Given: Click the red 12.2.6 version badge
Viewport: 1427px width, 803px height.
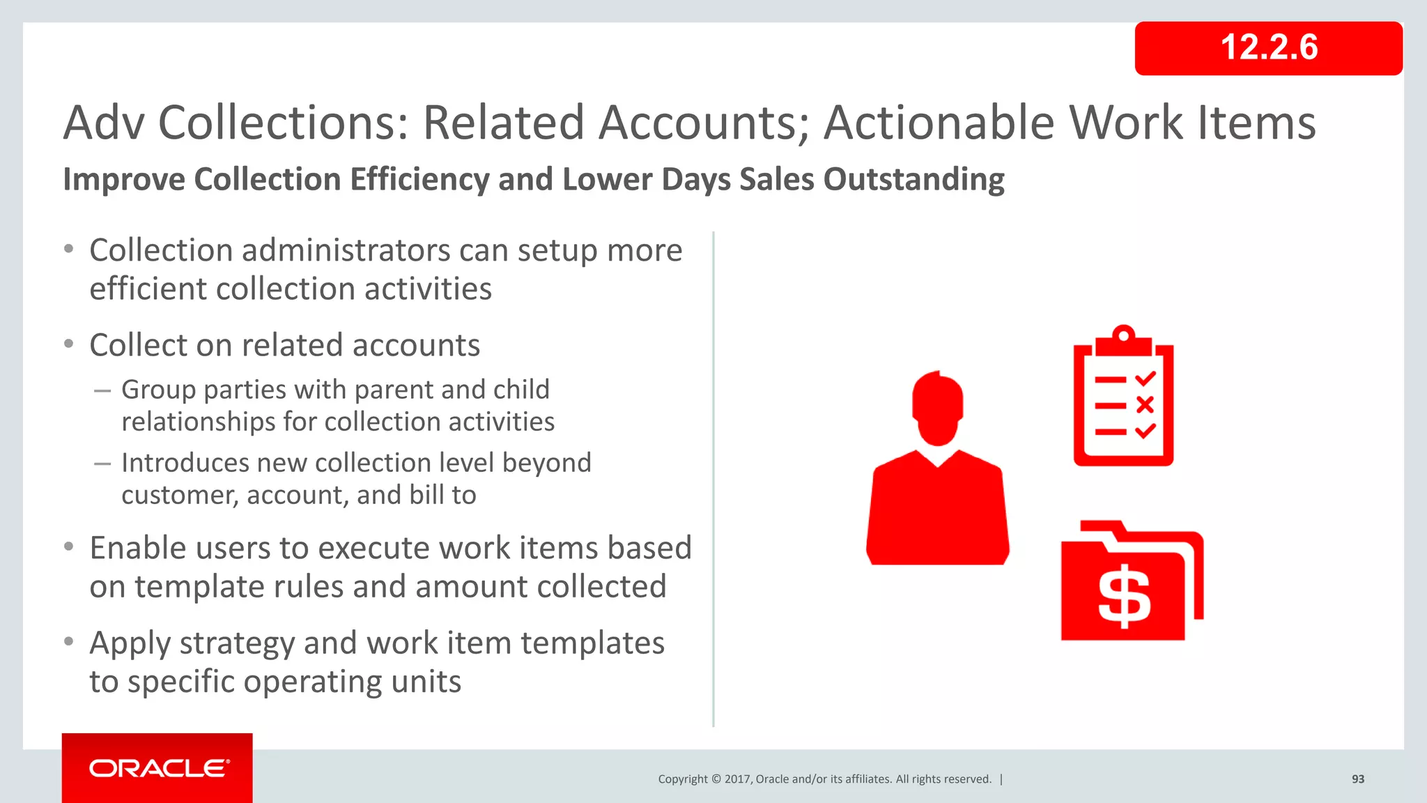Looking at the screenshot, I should [x=1268, y=48].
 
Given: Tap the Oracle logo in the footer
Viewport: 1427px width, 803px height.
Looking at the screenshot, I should [x=158, y=768].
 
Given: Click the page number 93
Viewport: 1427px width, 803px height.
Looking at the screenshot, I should [x=1357, y=779].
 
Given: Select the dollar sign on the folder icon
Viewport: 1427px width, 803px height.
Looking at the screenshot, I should [x=1123, y=598].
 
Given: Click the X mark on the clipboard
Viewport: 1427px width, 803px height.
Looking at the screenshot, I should [x=1145, y=405].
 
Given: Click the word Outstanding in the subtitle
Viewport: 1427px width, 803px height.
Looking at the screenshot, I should [x=913, y=180].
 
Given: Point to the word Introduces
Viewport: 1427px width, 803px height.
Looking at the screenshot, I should [x=185, y=463].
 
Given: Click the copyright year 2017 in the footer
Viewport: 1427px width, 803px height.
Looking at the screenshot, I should [x=736, y=779].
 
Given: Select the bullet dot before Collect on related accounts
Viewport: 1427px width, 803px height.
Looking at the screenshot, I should [x=68, y=344].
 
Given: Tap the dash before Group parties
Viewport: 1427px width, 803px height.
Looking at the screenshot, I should [x=102, y=391].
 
